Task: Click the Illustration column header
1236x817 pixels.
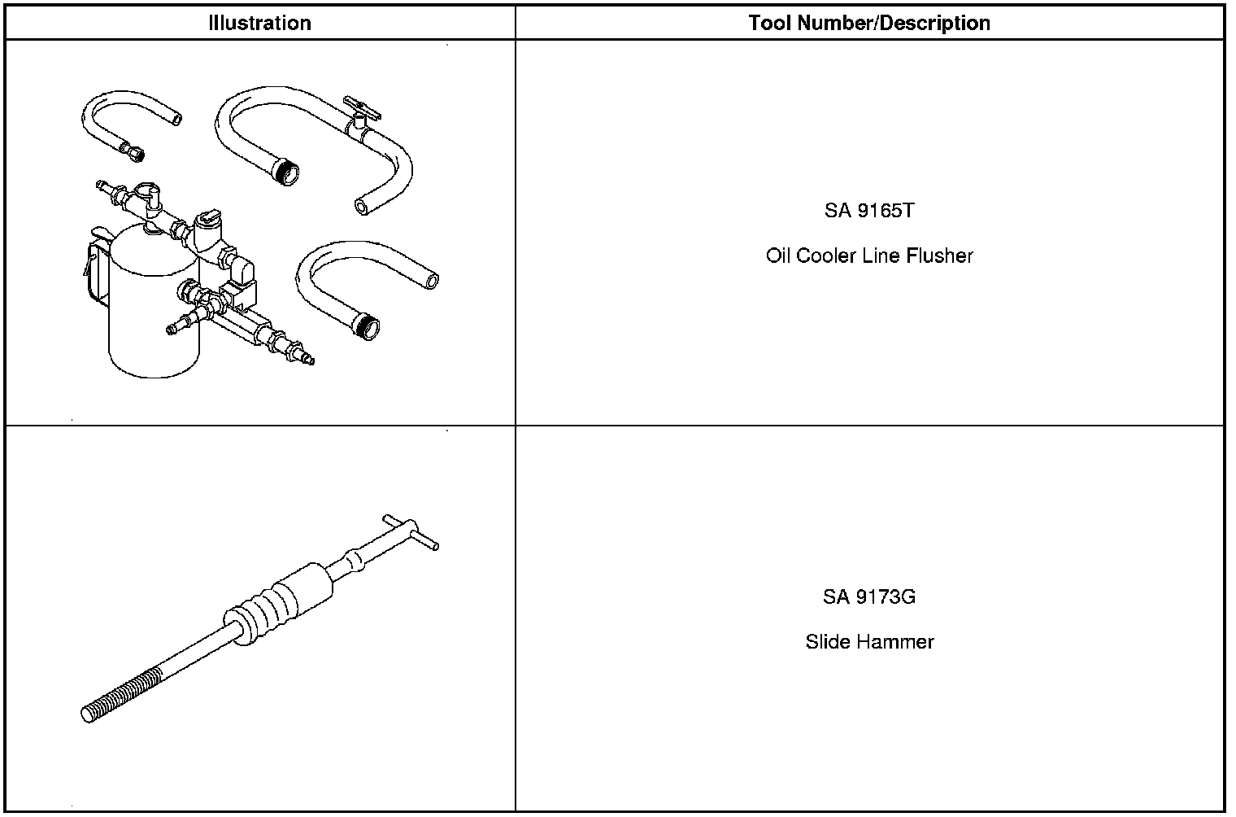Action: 259,23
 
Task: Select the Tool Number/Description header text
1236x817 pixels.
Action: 868,23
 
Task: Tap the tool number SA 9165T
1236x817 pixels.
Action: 868,211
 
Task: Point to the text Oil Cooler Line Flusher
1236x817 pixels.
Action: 868,256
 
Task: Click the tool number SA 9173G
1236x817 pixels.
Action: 868,596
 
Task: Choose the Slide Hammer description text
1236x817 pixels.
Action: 868,641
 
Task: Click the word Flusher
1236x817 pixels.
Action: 942,256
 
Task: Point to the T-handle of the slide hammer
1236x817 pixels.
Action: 411,534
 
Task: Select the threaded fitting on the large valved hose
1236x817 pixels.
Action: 287,172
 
